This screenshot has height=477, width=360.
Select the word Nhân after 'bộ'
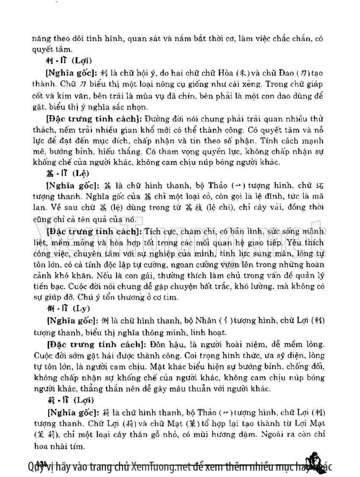225,321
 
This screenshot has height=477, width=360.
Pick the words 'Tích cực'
159,232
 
